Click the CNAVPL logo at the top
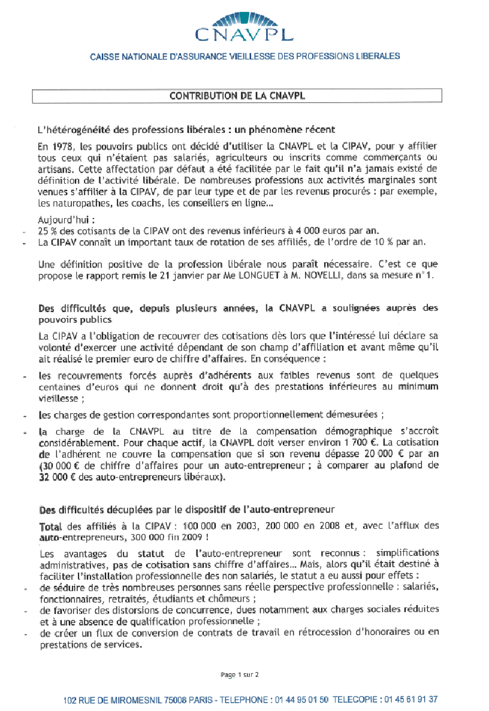click(x=244, y=25)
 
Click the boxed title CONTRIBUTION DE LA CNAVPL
click(x=237, y=96)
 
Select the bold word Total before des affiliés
click(x=50, y=525)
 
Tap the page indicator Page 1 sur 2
click(x=240, y=674)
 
